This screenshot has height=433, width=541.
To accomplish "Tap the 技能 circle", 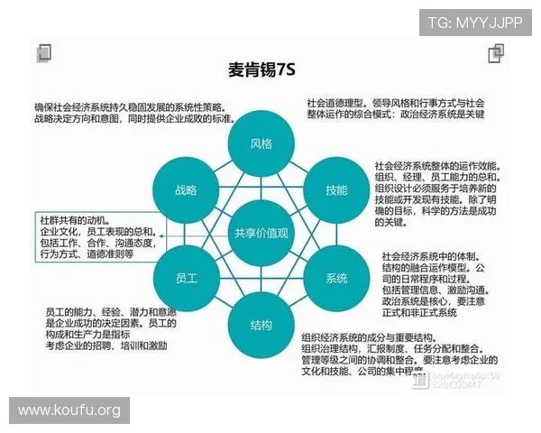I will tap(336, 189).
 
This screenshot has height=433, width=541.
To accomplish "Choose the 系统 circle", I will tap(336, 278).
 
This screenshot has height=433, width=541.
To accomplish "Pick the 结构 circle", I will tap(261, 325).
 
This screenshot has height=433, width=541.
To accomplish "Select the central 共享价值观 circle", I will tap(261, 234).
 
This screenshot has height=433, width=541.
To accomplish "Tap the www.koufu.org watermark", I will tap(69, 410).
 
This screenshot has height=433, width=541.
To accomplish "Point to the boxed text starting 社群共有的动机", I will tap(97, 237).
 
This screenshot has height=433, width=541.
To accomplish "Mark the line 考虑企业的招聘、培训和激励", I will tap(106, 345).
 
